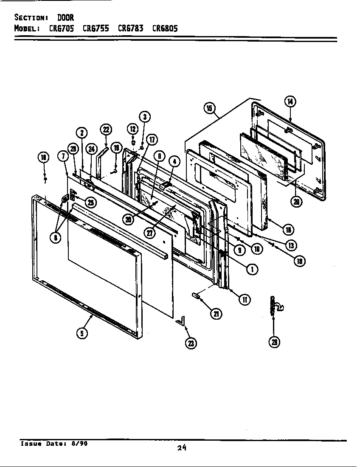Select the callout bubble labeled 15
(209, 108)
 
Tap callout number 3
(144, 116)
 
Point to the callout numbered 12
(132, 129)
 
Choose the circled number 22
(105, 129)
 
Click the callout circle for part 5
(82, 333)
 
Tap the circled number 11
(245, 299)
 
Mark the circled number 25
(90, 203)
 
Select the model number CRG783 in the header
(130, 28)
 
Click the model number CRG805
(165, 28)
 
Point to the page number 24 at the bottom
(182, 447)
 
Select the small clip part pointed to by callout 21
(196, 295)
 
